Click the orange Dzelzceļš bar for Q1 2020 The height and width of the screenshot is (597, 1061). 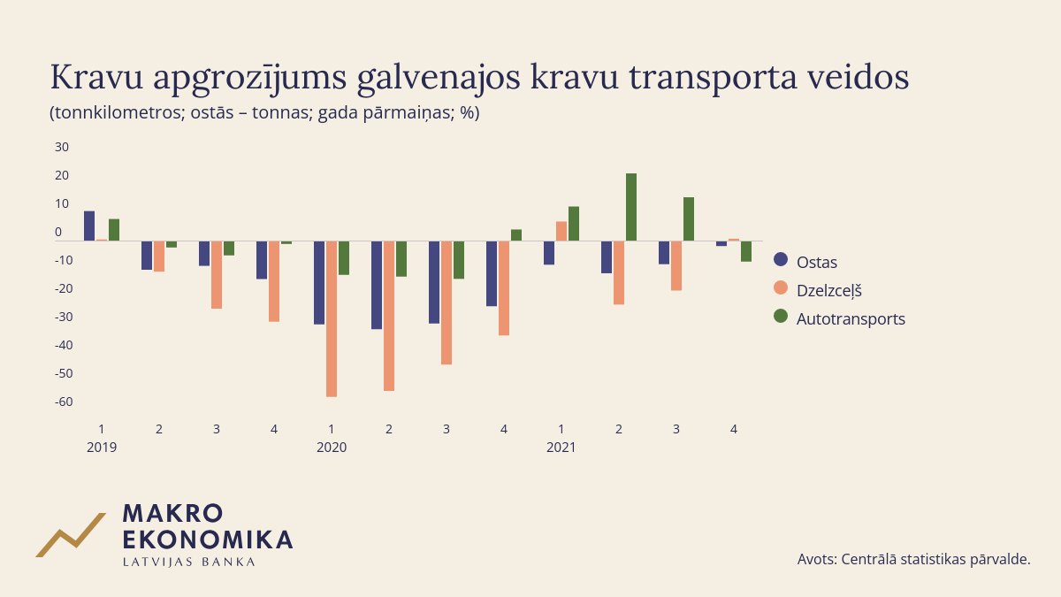tap(332, 318)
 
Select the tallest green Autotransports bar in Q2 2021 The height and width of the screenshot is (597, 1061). tap(631, 207)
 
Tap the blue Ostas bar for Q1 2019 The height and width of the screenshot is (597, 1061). tap(89, 226)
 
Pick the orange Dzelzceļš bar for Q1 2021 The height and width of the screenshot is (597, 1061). tap(561, 231)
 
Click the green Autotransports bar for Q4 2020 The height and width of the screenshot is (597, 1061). tap(516, 235)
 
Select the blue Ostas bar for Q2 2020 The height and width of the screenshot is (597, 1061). tap(377, 285)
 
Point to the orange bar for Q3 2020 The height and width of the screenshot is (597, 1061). tap(447, 302)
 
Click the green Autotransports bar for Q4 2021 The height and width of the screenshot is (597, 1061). tap(746, 251)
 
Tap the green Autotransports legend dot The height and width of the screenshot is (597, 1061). tap(781, 317)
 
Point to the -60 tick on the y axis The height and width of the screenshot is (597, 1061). tap(63, 402)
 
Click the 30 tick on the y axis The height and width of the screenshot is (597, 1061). tap(62, 146)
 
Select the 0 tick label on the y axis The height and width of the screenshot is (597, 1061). tap(58, 232)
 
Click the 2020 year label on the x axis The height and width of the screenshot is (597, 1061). tap(332, 448)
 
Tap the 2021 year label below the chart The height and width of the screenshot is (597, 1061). tap(561, 448)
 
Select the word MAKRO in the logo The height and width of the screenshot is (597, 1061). tap(172, 514)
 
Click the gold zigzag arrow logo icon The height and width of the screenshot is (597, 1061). tap(70, 534)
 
